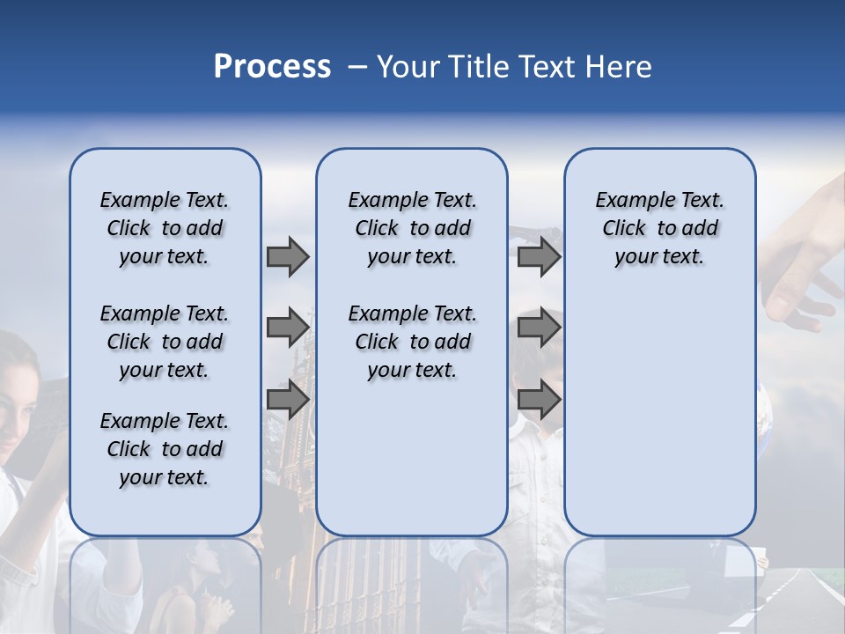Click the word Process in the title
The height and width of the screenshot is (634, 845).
click(272, 67)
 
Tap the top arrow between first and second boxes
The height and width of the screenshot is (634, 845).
click(288, 257)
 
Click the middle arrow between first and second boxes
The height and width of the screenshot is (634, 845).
click(288, 328)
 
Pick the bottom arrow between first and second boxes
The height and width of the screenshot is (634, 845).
click(288, 401)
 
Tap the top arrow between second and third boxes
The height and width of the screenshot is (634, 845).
click(540, 257)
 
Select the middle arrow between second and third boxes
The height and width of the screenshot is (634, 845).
click(540, 328)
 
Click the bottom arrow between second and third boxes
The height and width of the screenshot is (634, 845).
click(540, 401)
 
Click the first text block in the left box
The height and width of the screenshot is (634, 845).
click(165, 228)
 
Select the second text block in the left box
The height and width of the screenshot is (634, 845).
click(165, 342)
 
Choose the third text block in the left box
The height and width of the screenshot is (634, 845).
click(165, 449)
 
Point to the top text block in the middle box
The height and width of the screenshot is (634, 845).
click(412, 228)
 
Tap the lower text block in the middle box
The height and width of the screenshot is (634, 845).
click(412, 342)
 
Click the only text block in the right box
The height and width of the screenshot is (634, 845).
click(659, 228)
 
